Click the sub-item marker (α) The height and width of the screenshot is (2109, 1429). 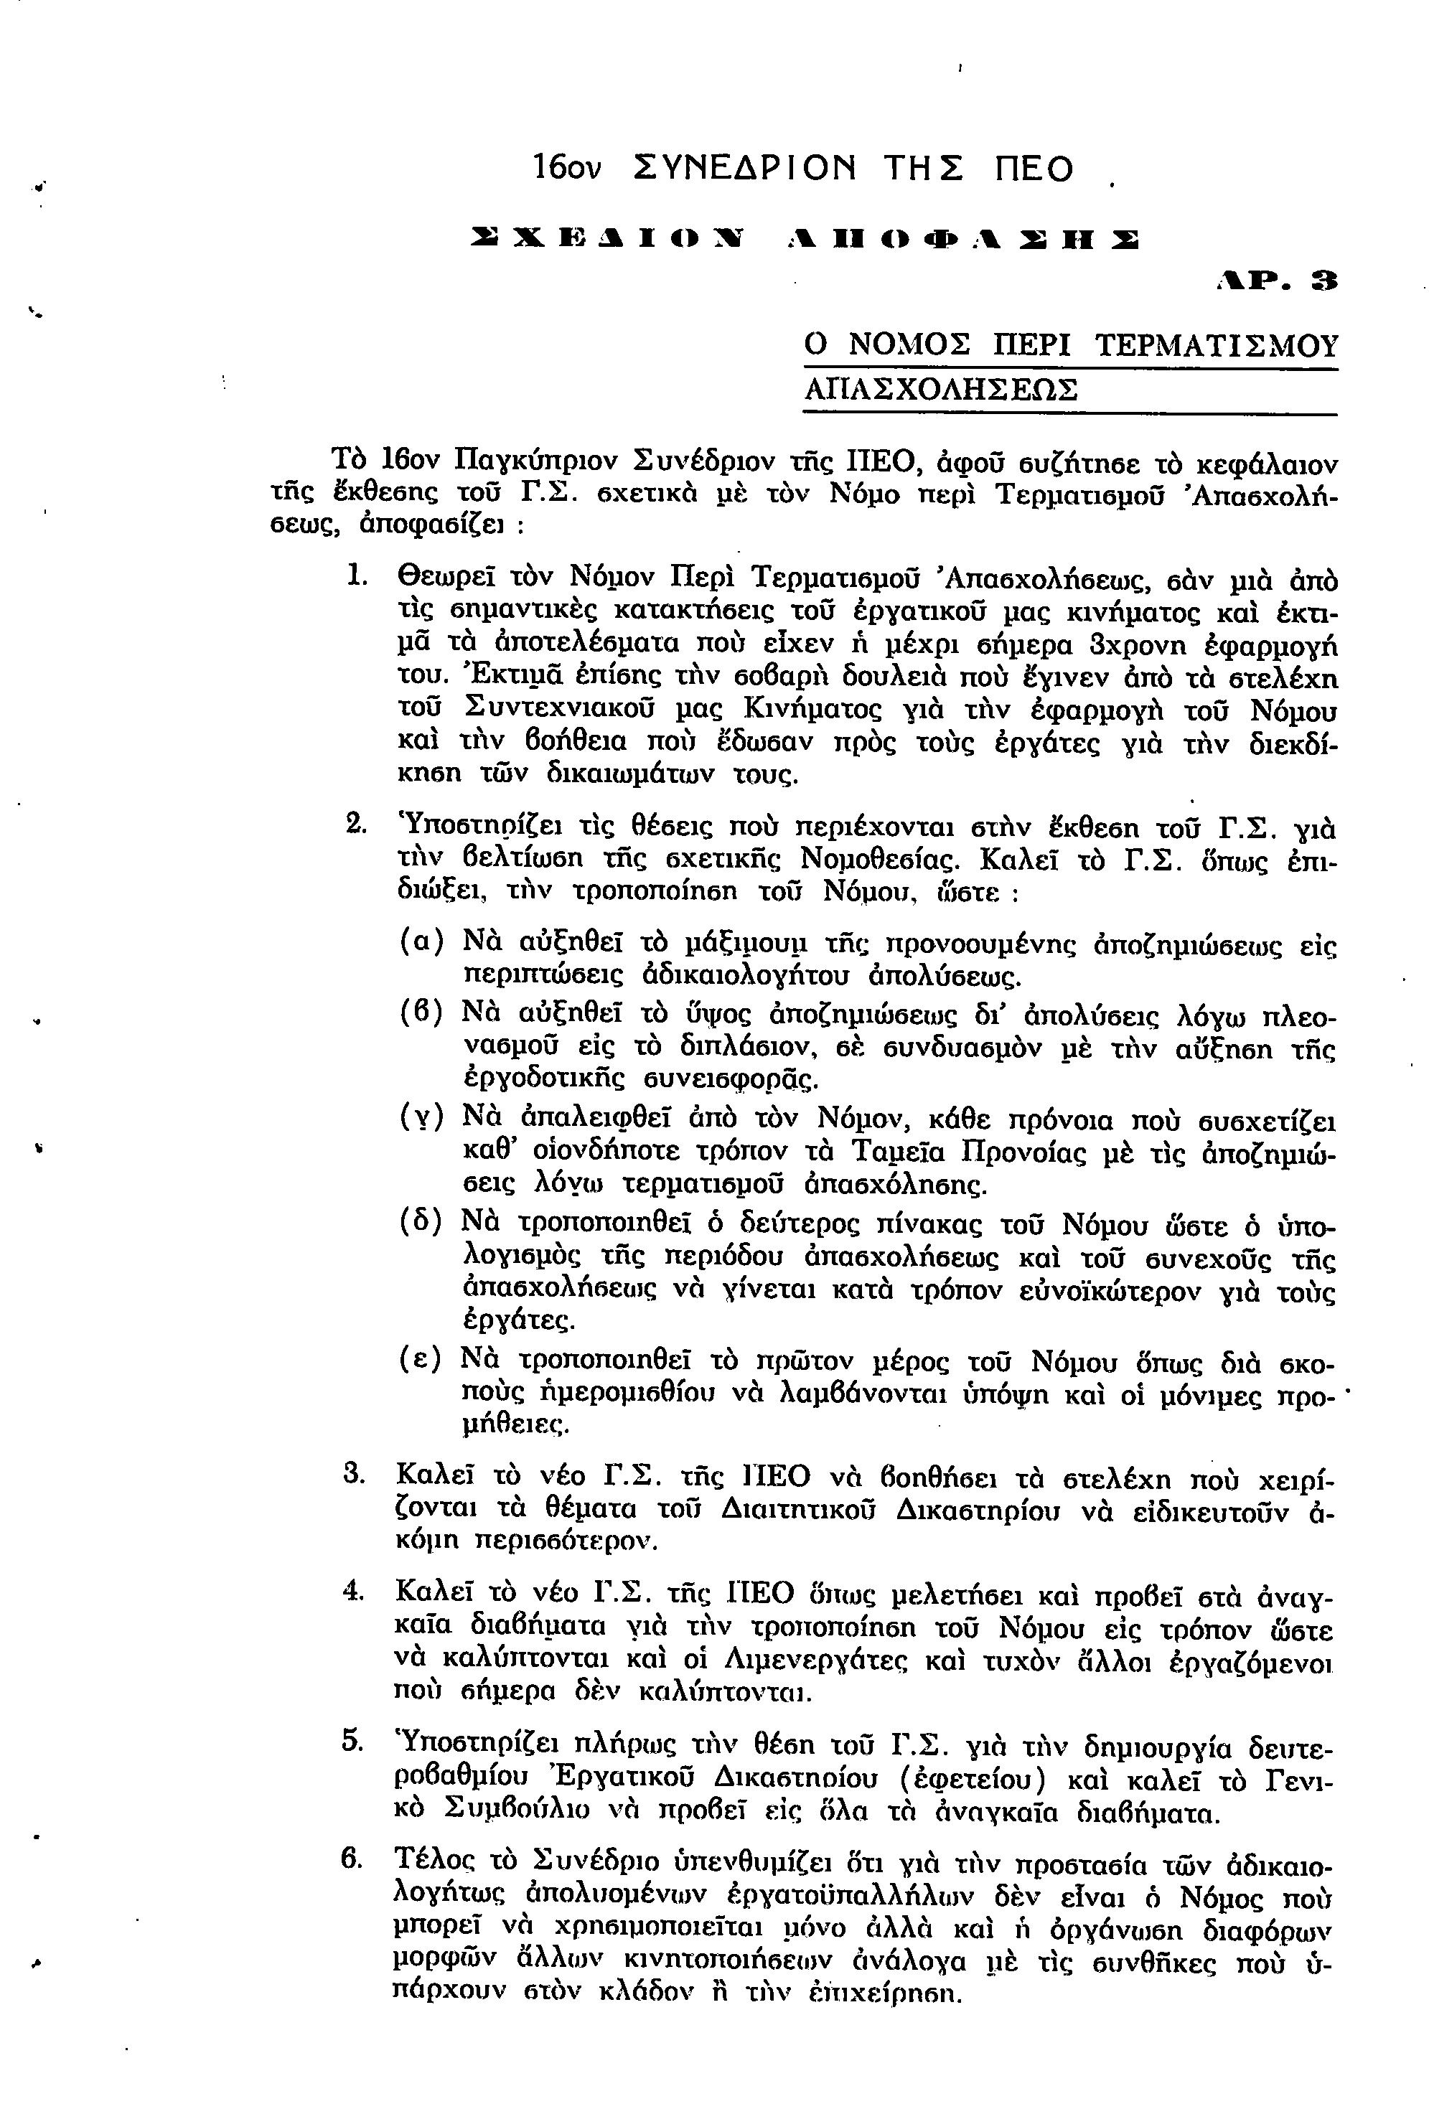pos(422,940)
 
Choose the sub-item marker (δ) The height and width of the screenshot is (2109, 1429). pos(422,1221)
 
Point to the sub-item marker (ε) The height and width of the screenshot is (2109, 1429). pos(422,1358)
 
